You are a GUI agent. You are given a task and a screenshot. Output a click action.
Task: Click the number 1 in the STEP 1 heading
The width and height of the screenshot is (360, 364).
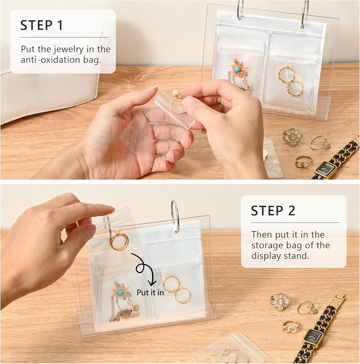60,25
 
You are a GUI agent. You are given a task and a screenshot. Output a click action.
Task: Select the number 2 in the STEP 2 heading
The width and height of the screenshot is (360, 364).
291,210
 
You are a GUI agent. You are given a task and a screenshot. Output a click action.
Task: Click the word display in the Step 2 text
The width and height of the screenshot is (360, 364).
266,256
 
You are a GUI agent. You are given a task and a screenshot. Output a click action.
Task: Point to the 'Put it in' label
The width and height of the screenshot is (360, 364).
150,292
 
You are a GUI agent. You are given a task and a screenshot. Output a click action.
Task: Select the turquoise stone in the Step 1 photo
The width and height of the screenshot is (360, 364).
237,69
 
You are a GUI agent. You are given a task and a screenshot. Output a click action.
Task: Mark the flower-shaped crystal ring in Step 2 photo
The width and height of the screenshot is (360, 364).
281,301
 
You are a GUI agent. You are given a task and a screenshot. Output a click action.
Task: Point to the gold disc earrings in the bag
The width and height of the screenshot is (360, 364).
229,355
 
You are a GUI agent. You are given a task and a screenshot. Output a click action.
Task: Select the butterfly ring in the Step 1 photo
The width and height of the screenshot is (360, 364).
321,143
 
